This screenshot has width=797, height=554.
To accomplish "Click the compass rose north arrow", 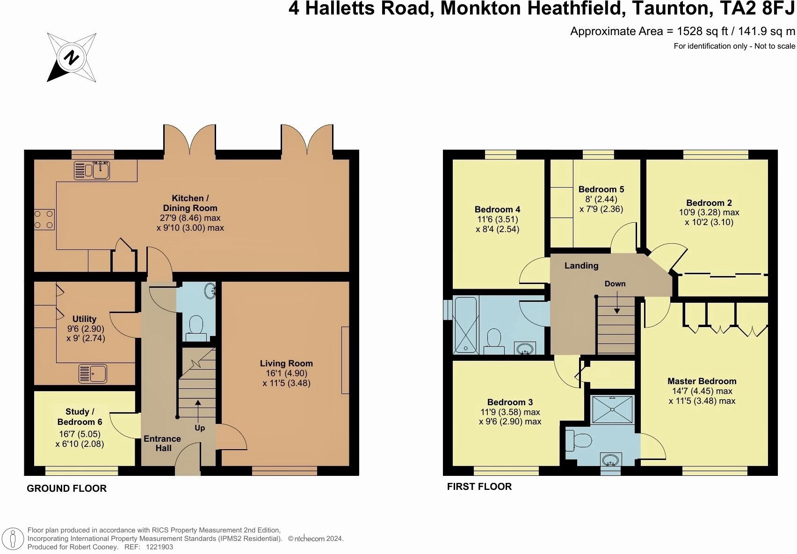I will [71, 58].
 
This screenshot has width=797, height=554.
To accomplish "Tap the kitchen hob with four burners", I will [43, 219].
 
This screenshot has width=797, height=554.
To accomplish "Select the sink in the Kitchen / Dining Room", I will [92, 170].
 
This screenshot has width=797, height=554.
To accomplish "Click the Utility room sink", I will [93, 373].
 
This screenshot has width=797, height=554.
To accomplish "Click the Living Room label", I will [286, 364].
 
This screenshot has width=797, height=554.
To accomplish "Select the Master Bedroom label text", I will [702, 381].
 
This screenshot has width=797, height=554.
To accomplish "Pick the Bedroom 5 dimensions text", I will [601, 204].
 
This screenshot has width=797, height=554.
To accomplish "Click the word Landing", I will [581, 266].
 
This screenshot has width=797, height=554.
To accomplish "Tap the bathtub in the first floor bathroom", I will [466, 325].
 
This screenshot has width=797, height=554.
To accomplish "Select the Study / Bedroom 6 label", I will [80, 416].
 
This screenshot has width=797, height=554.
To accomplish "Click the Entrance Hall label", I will [162, 443].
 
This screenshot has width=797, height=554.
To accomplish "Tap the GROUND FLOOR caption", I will [66, 488].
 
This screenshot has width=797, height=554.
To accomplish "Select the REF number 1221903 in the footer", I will [159, 547].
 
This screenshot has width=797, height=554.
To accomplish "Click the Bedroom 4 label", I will [497, 209].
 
